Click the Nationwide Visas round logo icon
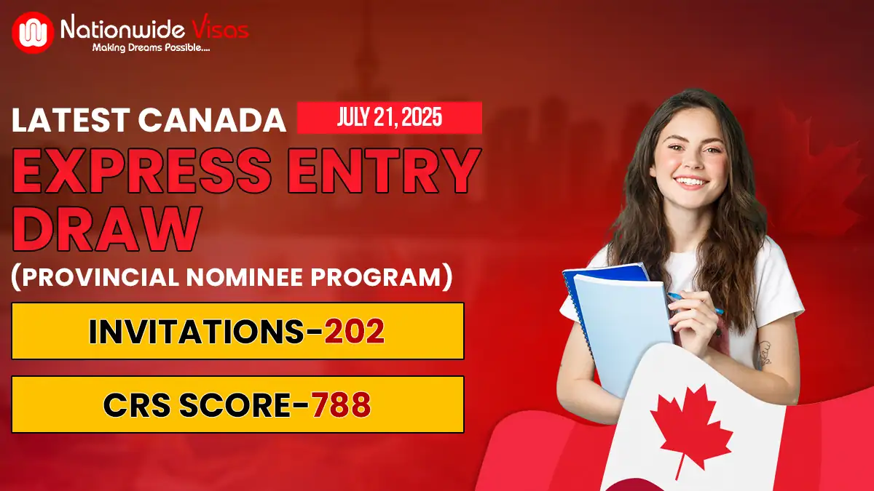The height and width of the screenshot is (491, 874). [33, 32]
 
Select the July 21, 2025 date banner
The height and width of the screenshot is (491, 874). [390, 118]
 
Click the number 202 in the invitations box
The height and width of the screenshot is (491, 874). [354, 332]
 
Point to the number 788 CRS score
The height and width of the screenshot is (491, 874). [341, 405]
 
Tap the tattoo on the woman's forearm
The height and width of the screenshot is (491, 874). [762, 354]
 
